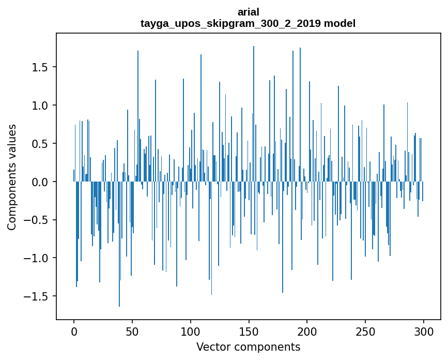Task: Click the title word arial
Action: (248, 12)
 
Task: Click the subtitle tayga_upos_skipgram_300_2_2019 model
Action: (248, 23)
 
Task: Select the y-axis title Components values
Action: (11, 177)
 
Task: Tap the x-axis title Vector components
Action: (248, 347)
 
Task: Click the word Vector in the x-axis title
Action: (212, 347)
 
